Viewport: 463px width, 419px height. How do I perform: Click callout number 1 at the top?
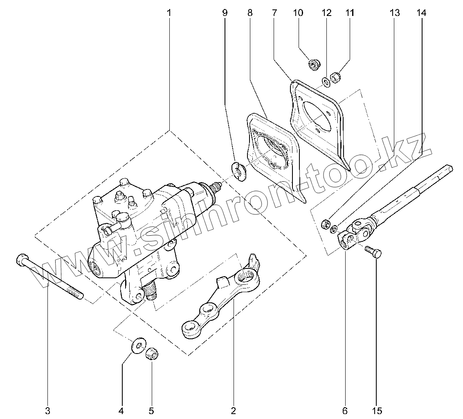[169, 13]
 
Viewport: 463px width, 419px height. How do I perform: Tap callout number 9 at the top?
[225, 13]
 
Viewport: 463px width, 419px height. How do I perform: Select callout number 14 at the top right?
[421, 13]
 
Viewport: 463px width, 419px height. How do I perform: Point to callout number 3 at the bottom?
[47, 410]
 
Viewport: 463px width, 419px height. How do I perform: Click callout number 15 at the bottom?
[377, 410]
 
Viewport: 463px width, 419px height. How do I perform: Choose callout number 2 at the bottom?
[234, 410]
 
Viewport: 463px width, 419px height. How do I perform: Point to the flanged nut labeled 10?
[315, 64]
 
